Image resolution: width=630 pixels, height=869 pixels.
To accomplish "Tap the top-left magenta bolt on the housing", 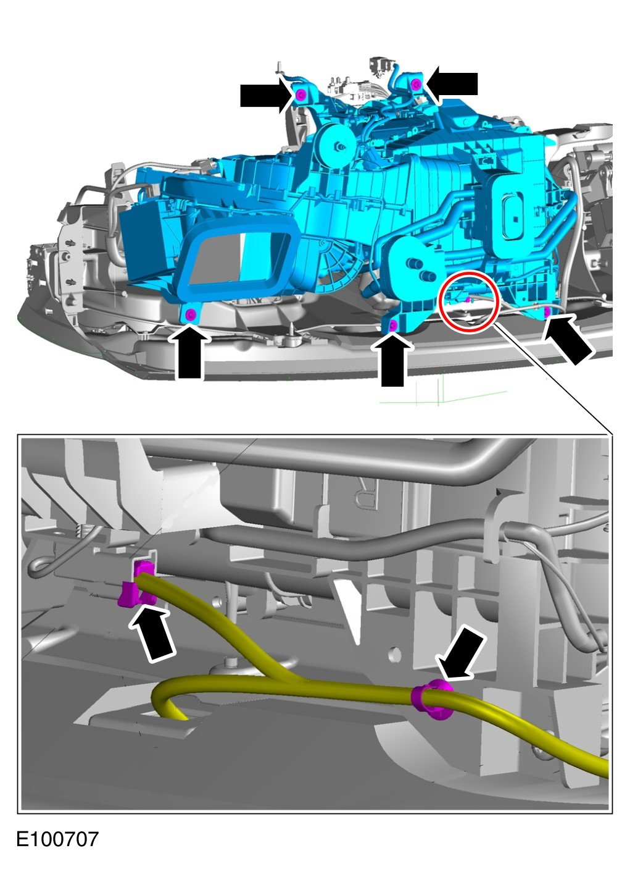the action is pos(300,94).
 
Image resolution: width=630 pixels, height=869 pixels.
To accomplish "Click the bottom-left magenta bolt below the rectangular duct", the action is pos(190,314).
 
